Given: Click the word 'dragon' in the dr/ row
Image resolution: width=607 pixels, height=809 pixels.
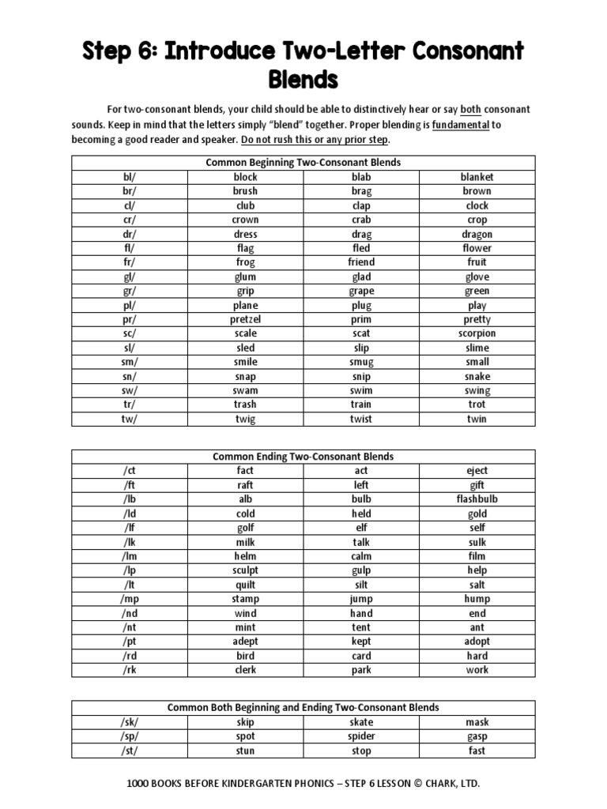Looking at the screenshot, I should pyautogui.click(x=477, y=234).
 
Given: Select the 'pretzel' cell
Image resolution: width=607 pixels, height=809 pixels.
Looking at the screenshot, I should pyautogui.click(x=245, y=319).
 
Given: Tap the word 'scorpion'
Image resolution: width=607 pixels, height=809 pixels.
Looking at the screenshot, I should pyautogui.click(x=477, y=333).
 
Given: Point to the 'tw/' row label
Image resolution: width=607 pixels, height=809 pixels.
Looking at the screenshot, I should pyautogui.click(x=130, y=419).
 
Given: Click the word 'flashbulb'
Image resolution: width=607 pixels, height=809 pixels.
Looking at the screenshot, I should pyautogui.click(x=477, y=499).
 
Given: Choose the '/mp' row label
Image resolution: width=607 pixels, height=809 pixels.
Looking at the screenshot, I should pyautogui.click(x=130, y=599).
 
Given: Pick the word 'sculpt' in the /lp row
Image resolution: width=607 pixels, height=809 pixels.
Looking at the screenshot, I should pyautogui.click(x=245, y=570).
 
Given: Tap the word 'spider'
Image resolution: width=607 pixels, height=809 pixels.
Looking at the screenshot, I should pyautogui.click(x=361, y=736).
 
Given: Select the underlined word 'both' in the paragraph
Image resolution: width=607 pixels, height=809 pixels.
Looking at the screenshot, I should pyautogui.click(x=470, y=109).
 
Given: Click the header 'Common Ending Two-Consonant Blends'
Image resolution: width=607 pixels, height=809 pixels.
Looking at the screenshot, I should pyautogui.click(x=303, y=457).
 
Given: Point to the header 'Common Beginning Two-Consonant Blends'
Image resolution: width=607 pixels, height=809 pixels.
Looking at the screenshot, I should pyautogui.click(x=303, y=163).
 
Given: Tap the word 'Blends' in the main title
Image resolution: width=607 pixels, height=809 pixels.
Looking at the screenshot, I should pyautogui.click(x=303, y=80).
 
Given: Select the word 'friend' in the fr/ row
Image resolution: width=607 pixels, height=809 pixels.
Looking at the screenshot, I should pyautogui.click(x=361, y=262).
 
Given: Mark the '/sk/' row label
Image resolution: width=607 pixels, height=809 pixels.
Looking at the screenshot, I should pyautogui.click(x=130, y=722).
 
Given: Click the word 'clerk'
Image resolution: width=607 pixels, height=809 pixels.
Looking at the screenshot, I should pyautogui.click(x=245, y=670).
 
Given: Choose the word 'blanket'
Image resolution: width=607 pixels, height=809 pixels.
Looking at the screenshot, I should pyautogui.click(x=477, y=177).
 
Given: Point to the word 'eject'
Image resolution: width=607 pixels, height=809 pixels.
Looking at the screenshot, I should pyautogui.click(x=477, y=471).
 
